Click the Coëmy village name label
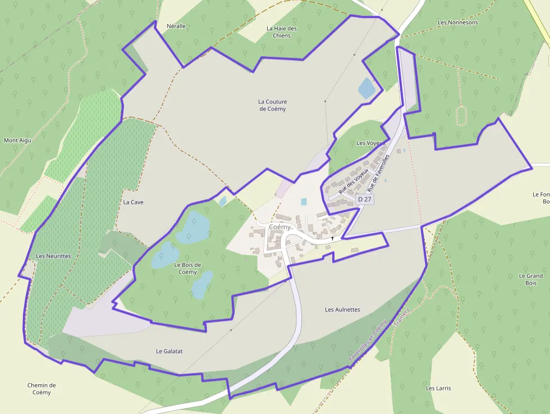coord(279,228)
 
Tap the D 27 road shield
coord(364,199)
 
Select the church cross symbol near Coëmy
coord(332,239)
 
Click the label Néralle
coord(176,26)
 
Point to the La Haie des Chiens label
coord(282,32)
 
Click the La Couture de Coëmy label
coord(272,105)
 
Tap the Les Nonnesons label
coord(457,22)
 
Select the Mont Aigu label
coord(17,140)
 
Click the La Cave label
coord(133,202)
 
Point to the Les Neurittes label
coord(53,256)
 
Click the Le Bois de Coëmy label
coord(187,268)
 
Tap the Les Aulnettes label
coord(342,310)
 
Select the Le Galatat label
coord(169,351)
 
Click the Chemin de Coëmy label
coord(42,388)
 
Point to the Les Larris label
coord(438,388)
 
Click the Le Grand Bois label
coord(531,279)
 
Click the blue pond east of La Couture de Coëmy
coord(366,88)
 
